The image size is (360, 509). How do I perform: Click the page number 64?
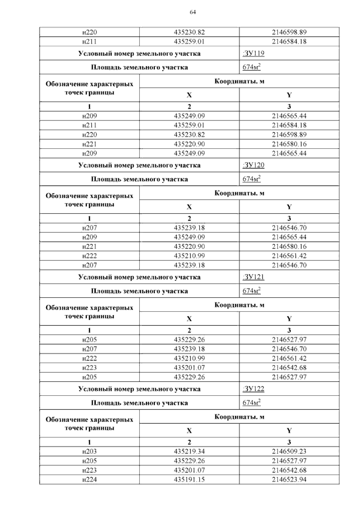pos(193,12)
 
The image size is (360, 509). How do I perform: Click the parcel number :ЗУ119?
pos(253,53)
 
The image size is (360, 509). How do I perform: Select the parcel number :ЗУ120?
pos(253,165)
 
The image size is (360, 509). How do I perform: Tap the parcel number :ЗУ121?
pos(253,277)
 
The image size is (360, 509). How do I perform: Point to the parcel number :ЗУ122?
pos(253,389)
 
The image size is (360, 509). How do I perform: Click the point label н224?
pos(89,480)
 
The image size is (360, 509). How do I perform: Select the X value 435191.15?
pos(189,480)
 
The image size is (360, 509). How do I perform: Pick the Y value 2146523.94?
pos(289,480)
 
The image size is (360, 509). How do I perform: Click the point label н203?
pos(89,451)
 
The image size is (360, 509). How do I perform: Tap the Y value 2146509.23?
pos(289,451)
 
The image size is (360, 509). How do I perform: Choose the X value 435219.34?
pos(189,451)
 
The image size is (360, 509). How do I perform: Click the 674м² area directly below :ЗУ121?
pos(251,291)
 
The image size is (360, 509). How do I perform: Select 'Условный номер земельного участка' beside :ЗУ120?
pos(139,165)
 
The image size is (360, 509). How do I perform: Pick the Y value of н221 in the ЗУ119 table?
pos(289,144)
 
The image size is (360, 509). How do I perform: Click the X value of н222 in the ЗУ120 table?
pos(189,256)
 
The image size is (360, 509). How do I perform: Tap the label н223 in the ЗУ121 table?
pos(89,368)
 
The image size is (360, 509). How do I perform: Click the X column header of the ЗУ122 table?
pos(189,431)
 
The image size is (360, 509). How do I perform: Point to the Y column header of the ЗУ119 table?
pos(289,95)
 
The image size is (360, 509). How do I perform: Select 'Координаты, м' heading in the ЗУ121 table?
pos(239,305)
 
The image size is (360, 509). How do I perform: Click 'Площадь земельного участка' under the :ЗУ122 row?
pos(139,403)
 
